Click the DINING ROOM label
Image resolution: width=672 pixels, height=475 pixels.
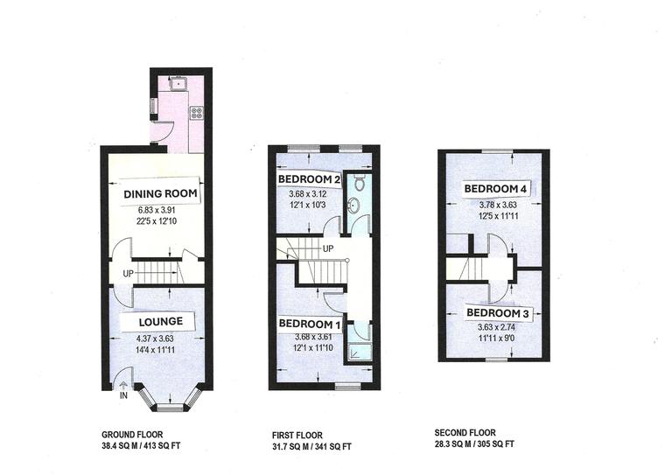coord(160,193)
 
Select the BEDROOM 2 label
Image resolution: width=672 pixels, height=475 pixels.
coord(309,179)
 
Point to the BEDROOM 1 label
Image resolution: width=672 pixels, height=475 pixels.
coord(308,323)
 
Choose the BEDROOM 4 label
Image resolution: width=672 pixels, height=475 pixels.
coord(494,189)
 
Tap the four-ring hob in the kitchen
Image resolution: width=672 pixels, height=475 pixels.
coord(196,112)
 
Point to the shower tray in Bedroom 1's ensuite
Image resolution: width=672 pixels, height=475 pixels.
coord(356,354)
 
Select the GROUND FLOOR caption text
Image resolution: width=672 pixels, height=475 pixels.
coord(132,434)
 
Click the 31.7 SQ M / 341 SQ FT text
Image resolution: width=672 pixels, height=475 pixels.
coord(311,446)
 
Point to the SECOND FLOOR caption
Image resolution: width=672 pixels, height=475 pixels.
coord(465,433)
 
